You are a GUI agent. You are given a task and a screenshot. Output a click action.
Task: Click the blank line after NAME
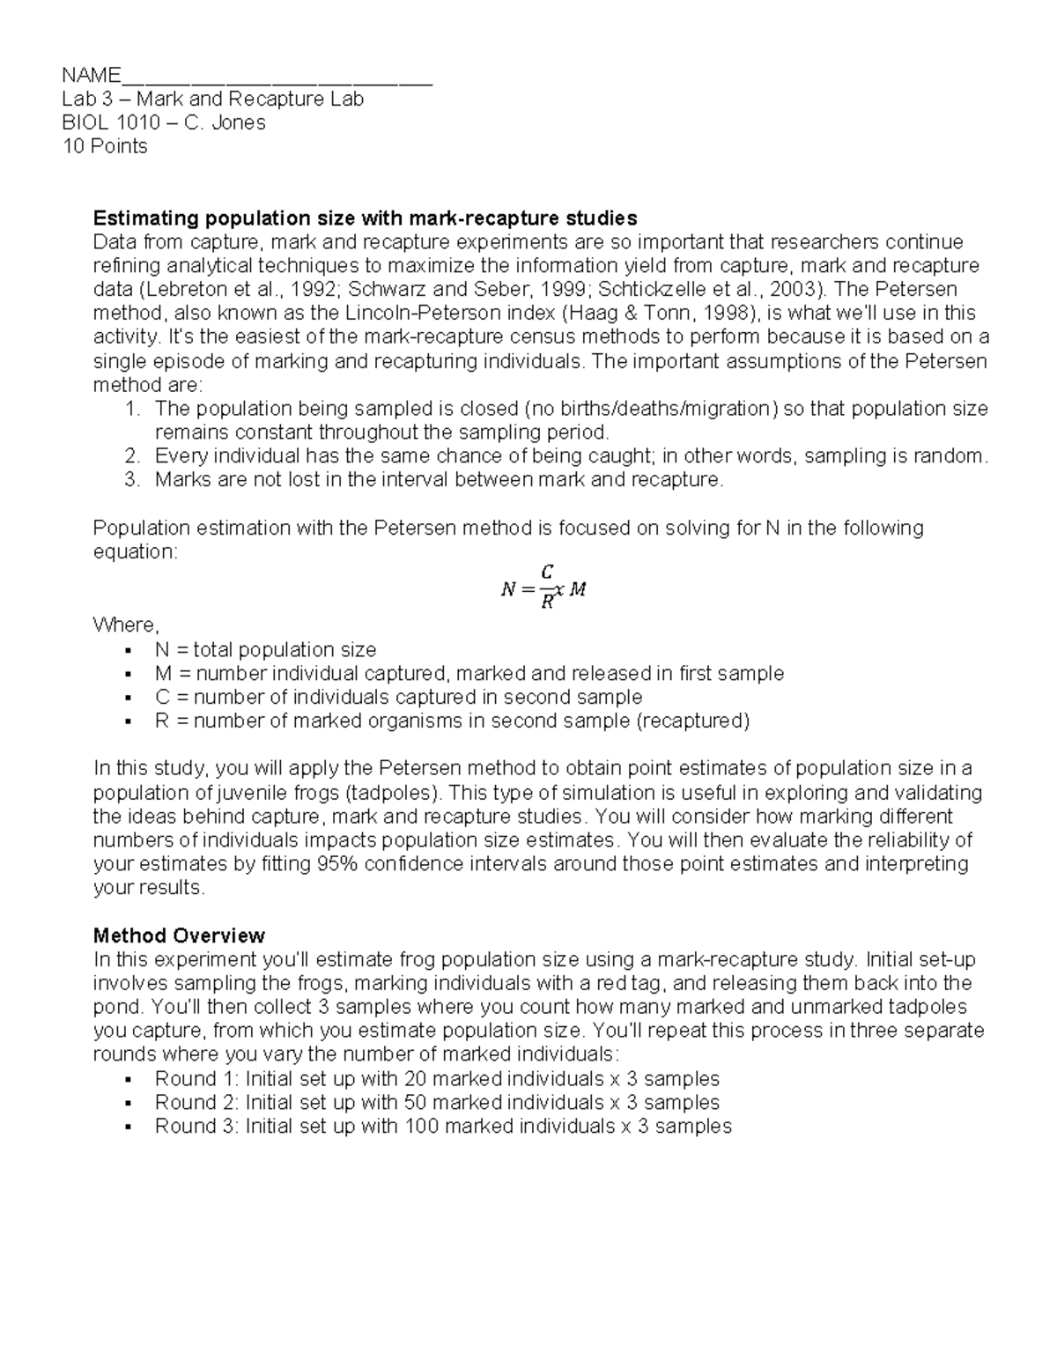(277, 77)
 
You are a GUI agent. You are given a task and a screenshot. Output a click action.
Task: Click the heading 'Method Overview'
(179, 935)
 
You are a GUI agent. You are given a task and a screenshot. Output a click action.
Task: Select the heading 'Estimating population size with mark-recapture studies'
(365, 218)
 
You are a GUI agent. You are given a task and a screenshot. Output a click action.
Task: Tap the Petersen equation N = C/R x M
(543, 589)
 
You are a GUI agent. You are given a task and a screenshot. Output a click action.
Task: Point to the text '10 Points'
(105, 146)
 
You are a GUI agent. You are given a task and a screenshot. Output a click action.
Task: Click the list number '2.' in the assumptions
(132, 456)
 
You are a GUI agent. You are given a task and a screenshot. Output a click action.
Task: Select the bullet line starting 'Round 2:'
(437, 1102)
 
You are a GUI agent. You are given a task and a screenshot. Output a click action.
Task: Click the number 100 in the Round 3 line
(421, 1126)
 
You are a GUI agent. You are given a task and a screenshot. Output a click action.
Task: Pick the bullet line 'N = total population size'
(265, 650)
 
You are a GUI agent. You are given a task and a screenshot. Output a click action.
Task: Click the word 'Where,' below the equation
(126, 625)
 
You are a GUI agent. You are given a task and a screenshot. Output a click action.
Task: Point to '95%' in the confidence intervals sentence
(338, 863)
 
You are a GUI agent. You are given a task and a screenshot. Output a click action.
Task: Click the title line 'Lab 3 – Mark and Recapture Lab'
(212, 99)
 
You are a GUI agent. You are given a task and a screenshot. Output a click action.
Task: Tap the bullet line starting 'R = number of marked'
(452, 721)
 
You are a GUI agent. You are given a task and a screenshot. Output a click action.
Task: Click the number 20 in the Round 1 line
(415, 1078)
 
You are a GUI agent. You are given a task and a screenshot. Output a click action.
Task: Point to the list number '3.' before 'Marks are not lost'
(132, 480)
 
